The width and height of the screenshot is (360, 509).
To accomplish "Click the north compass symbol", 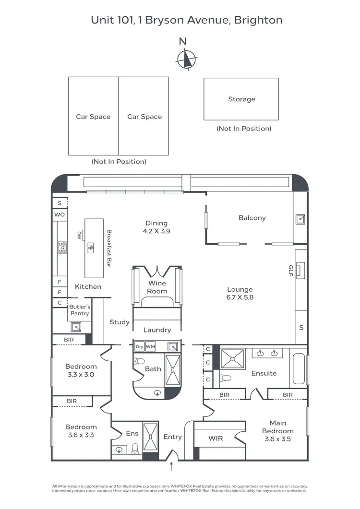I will [187, 60].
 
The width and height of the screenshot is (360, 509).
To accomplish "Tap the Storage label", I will [241, 99].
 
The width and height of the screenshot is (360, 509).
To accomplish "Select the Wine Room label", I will [157, 287].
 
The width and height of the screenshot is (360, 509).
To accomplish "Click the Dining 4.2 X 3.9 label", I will [156, 227].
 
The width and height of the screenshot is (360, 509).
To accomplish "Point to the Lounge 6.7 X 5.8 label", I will [240, 293].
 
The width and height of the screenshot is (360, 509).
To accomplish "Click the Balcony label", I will [252, 218].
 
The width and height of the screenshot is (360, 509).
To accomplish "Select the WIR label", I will [216, 438].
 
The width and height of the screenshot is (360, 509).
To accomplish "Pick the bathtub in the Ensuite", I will [299, 369].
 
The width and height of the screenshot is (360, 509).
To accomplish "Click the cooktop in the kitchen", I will [62, 247].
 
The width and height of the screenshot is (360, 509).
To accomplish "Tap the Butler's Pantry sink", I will [76, 327].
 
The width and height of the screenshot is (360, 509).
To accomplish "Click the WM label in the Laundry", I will [151, 346].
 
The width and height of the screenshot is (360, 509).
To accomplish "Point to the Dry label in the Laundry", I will [140, 346].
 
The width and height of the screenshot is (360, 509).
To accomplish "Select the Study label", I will [120, 322].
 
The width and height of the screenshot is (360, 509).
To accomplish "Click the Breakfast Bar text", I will [109, 248].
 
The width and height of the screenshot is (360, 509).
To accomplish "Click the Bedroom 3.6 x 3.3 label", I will [81, 431].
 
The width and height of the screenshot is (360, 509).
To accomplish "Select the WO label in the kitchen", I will [60, 215].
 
